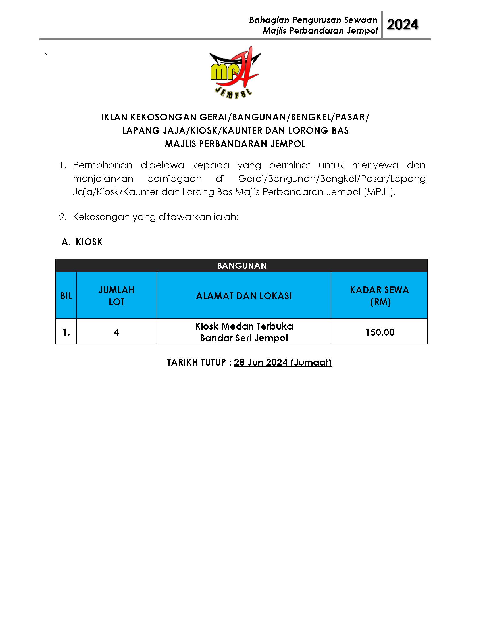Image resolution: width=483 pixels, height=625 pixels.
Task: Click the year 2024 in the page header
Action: pyautogui.click(x=402, y=25)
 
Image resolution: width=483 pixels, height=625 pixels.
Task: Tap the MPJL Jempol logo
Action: pyautogui.click(x=235, y=73)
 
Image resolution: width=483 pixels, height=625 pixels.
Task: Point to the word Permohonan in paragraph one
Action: pyautogui.click(x=103, y=165)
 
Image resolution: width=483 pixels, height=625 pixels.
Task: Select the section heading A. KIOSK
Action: pyautogui.click(x=82, y=242)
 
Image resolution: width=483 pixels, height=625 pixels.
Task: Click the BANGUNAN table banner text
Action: pyautogui.click(x=241, y=266)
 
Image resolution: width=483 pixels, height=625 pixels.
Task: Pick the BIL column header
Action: pyautogui.click(x=66, y=296)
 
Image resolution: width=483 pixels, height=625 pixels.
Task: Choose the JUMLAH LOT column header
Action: pyautogui.click(x=116, y=296)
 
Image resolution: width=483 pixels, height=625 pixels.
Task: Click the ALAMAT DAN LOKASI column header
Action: pyautogui.click(x=244, y=296)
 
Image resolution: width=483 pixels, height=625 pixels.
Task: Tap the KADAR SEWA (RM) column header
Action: pyautogui.click(x=379, y=296)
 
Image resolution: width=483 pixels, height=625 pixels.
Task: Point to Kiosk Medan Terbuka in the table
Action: pyautogui.click(x=244, y=326)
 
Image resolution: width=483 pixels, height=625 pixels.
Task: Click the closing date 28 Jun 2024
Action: pyautogui.click(x=261, y=362)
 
